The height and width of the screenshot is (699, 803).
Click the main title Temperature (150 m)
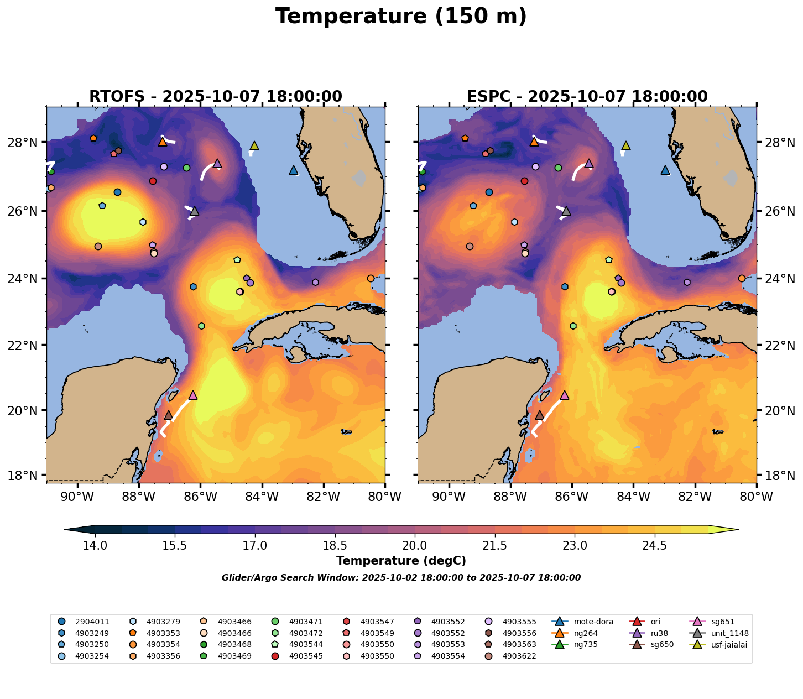[401, 17]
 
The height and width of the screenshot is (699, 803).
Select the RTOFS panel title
[216, 97]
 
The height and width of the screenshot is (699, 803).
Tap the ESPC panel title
[587, 97]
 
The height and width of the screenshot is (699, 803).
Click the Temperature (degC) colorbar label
[401, 561]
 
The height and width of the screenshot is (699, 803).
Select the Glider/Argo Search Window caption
[401, 578]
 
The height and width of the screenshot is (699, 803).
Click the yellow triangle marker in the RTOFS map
[254, 145]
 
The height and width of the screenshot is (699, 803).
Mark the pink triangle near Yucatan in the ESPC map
[564, 395]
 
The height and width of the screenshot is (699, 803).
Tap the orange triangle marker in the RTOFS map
[163, 142]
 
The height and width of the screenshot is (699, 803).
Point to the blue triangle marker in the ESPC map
[665, 170]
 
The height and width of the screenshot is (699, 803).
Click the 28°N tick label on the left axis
[26, 143]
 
